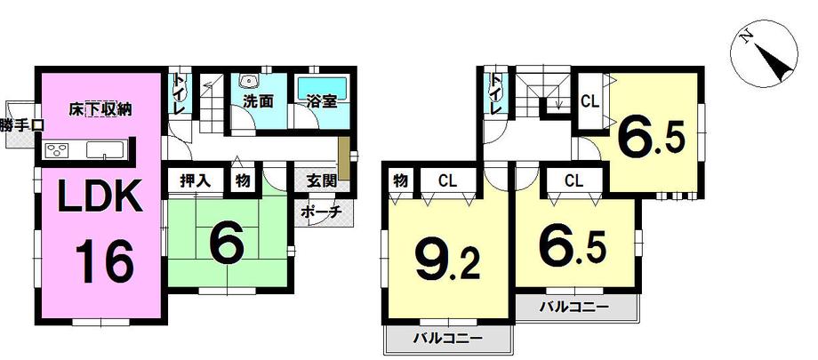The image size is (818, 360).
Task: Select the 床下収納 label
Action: (100, 110)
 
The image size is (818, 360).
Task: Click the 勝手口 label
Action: (20, 125)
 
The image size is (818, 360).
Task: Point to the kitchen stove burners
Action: (55, 149)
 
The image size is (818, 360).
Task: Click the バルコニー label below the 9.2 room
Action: (447, 340)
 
